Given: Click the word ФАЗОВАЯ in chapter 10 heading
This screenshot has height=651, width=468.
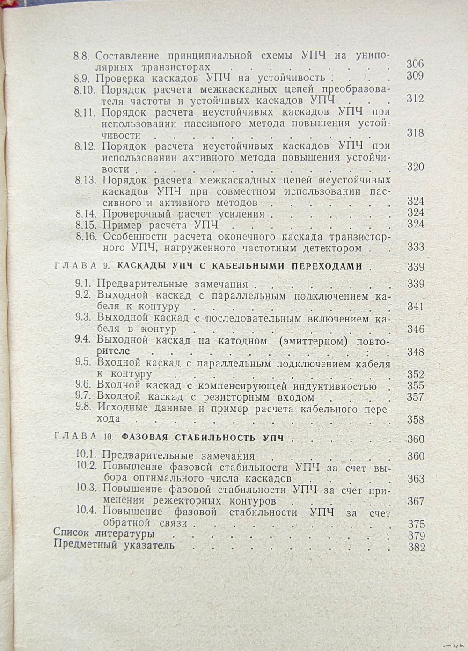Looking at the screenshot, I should pyautogui.click(x=145, y=439).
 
